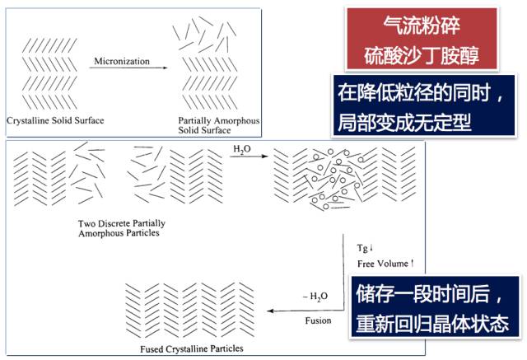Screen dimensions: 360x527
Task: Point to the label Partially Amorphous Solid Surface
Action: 218,126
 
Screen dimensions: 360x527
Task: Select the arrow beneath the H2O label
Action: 244,158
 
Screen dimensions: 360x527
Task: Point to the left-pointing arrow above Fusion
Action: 305,310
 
